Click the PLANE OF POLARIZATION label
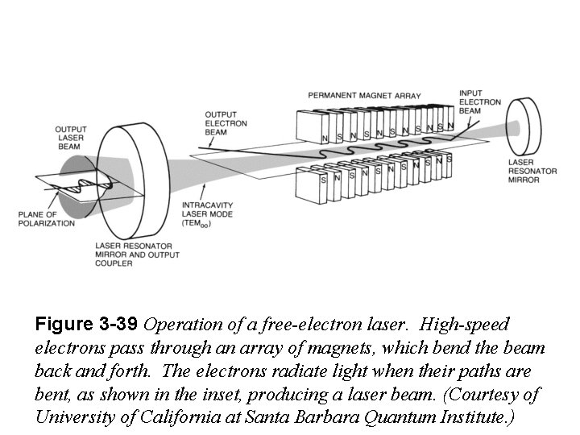(46, 217)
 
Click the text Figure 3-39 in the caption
(86, 325)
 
